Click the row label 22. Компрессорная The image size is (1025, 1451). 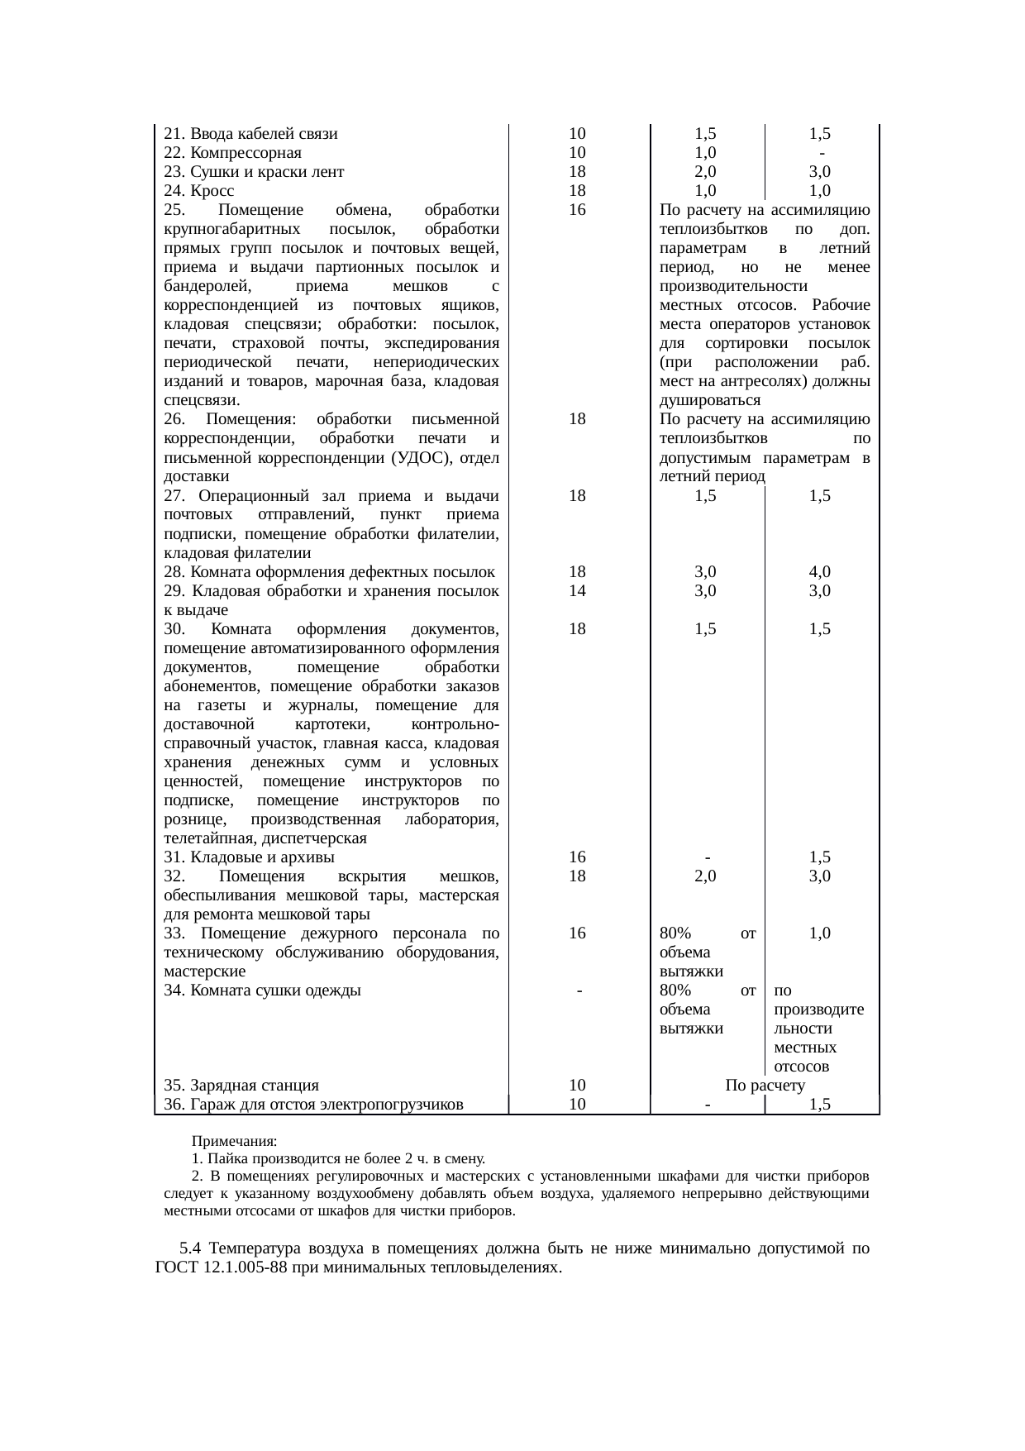(x=232, y=153)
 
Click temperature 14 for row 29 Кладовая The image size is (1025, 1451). (x=578, y=591)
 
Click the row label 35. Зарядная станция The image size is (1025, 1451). (x=241, y=1086)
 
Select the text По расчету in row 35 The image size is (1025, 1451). (x=765, y=1086)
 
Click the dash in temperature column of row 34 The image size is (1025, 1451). (x=580, y=990)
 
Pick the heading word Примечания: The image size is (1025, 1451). (x=235, y=1141)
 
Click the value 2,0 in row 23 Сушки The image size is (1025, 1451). (x=705, y=172)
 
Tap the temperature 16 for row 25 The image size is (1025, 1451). (x=578, y=210)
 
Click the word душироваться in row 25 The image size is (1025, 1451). (x=710, y=400)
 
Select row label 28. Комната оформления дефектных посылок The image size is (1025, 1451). (x=329, y=572)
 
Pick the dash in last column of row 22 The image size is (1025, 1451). (x=820, y=153)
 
